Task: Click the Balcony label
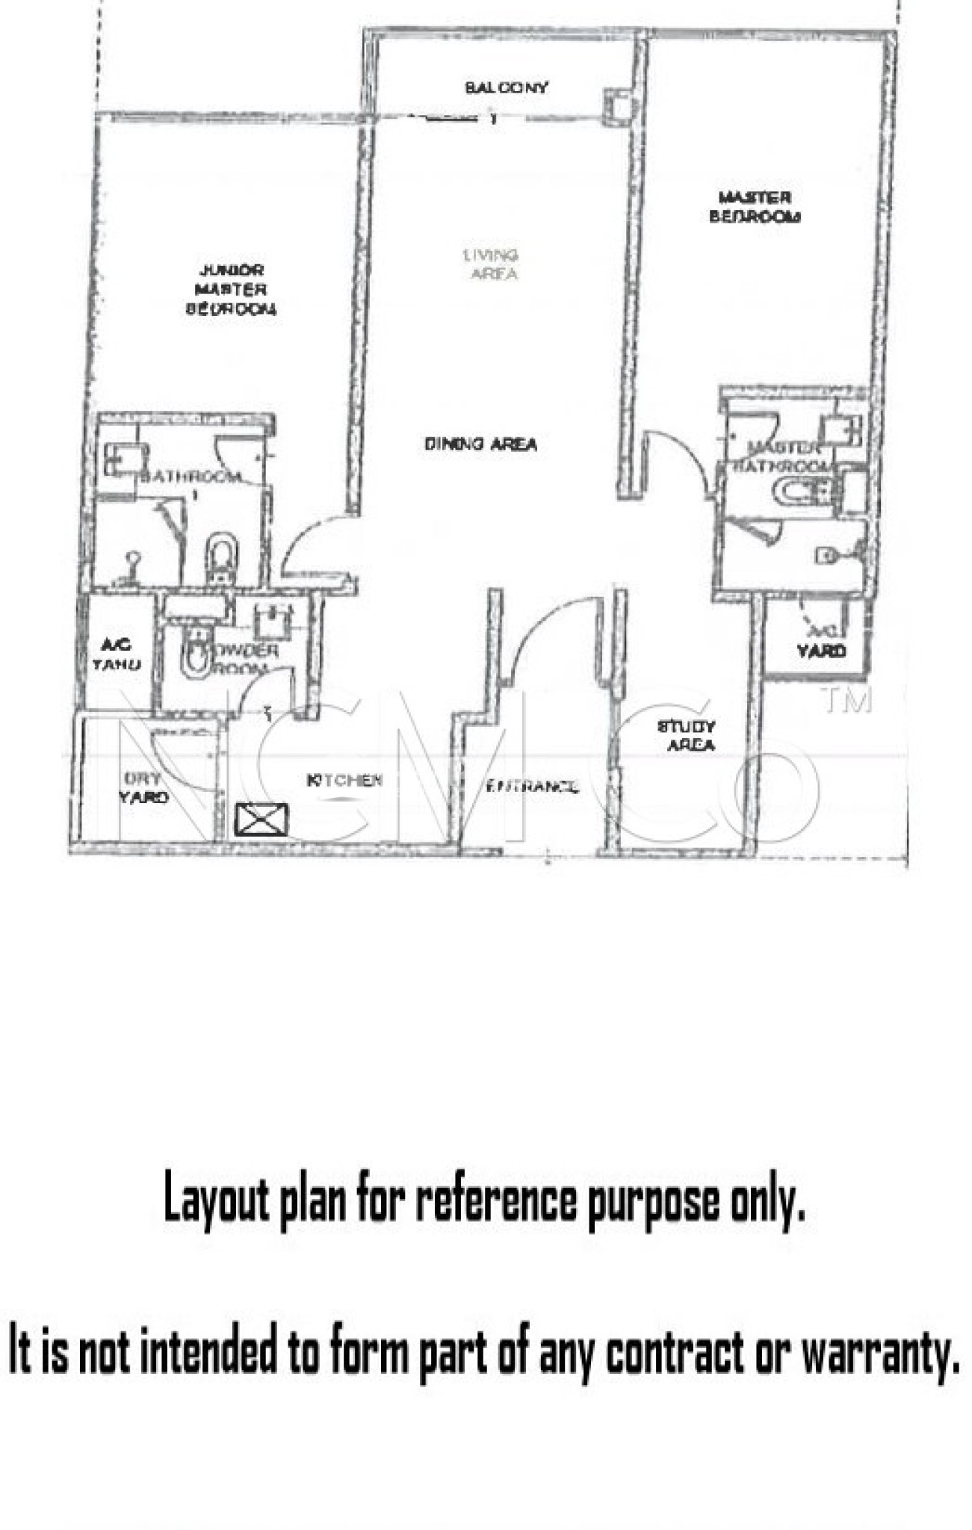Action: pyautogui.click(x=507, y=87)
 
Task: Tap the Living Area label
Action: pyautogui.click(x=492, y=264)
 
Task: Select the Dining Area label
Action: pyautogui.click(x=480, y=444)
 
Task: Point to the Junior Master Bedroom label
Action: pyautogui.click(x=231, y=289)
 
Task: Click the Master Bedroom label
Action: pyautogui.click(x=755, y=207)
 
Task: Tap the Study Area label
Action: pyautogui.click(x=687, y=735)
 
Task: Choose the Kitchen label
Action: pyautogui.click(x=344, y=780)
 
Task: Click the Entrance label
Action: pyautogui.click(x=531, y=786)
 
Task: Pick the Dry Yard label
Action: pyautogui.click(x=143, y=787)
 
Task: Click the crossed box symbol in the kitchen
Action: pyautogui.click(x=261, y=820)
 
